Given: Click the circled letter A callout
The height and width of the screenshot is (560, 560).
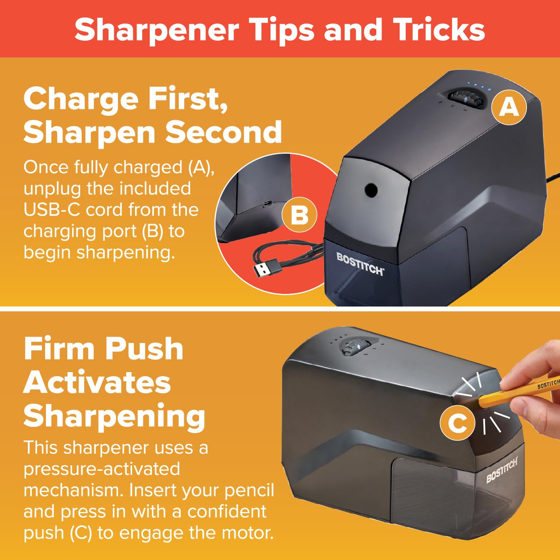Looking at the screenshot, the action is tap(509, 107).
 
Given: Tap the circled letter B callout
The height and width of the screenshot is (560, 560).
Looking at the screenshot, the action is tap(299, 215).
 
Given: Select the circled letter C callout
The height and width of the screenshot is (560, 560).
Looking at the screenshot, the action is tap(457, 423).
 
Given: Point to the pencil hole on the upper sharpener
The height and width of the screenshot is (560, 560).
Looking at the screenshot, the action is tap(371, 190).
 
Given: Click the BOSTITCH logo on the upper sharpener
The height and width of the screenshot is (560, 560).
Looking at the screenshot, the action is tap(360, 264).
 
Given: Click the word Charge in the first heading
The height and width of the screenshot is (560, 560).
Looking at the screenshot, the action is tap(81, 101).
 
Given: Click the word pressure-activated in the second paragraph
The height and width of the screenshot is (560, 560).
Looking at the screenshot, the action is tap(102, 470).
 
